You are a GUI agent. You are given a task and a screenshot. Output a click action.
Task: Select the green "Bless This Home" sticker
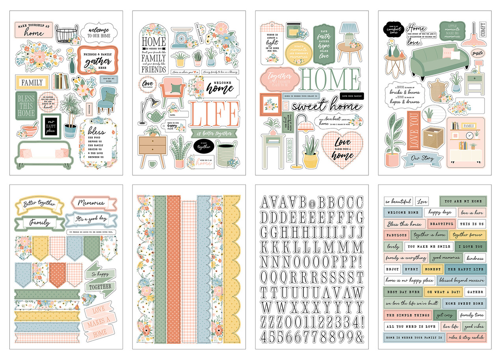coord(26,105)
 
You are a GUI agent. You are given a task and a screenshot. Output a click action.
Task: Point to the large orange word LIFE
coord(214,114)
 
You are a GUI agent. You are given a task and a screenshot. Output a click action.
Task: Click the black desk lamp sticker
coord(145,106)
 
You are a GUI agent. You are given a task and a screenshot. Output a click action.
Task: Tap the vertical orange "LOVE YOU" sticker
coord(413,131)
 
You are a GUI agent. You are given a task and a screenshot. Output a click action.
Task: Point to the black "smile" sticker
coord(478,53)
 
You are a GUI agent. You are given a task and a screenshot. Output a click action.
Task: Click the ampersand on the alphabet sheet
coord(359,337)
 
